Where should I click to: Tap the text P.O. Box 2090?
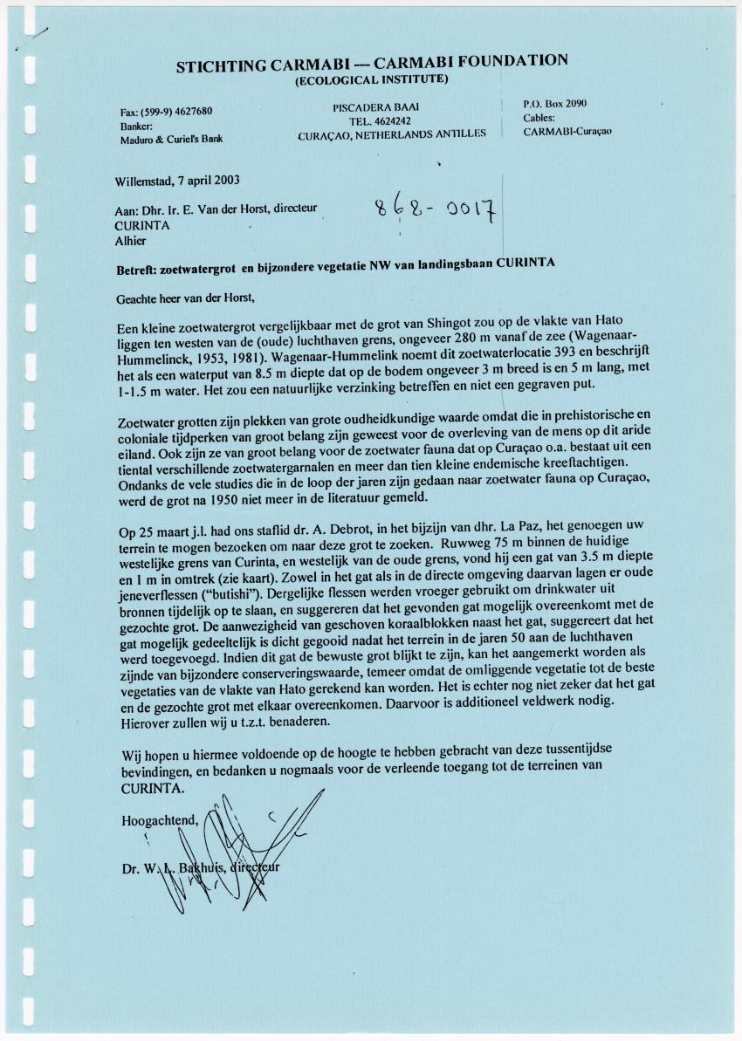554,103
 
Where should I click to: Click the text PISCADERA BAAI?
371,106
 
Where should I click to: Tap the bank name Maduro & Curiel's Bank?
171,138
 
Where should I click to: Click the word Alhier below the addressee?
131,241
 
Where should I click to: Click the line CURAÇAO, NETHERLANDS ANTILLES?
392,134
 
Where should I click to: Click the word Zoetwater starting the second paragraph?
146,423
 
